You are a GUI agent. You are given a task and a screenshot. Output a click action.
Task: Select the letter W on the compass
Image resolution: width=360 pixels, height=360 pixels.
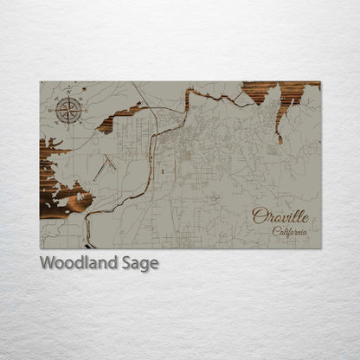pos(54,110)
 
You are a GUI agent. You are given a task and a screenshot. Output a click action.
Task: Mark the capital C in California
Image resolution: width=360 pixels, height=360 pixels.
pos(275,231)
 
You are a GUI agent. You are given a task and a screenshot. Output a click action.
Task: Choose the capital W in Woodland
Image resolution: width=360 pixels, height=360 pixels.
pos(47,262)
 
